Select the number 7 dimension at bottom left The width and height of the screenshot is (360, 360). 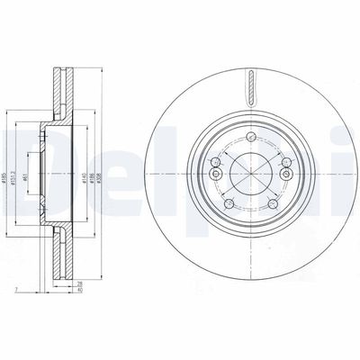click(x=16, y=290)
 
